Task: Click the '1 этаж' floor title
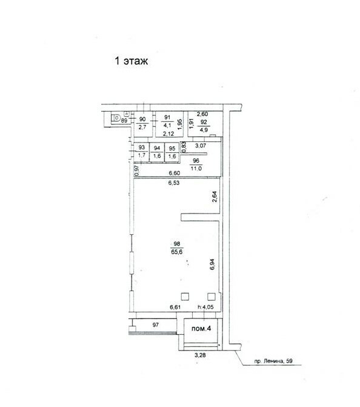pyautogui.click(x=132, y=61)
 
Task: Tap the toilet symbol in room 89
pyautogui.click(x=116, y=119)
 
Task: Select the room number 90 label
pyautogui.click(x=142, y=119)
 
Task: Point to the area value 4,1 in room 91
pyautogui.click(x=167, y=125)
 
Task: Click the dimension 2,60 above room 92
pyautogui.click(x=202, y=114)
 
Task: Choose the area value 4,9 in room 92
pyautogui.click(x=204, y=130)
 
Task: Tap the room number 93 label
pyautogui.click(x=142, y=147)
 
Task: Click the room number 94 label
pyautogui.click(x=157, y=148)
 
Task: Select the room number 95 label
pyautogui.click(x=172, y=148)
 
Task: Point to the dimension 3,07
pyautogui.click(x=201, y=146)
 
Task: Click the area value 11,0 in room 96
pyautogui.click(x=196, y=168)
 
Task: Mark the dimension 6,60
pyautogui.click(x=175, y=173)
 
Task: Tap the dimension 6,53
pyautogui.click(x=174, y=183)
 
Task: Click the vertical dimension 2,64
pyautogui.click(x=215, y=197)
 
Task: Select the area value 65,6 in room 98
pyautogui.click(x=177, y=252)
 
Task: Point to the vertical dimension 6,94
pyautogui.click(x=212, y=264)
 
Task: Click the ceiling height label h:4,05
pyautogui.click(x=205, y=307)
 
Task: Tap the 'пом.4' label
pyautogui.click(x=201, y=329)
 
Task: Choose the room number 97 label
pyautogui.click(x=156, y=325)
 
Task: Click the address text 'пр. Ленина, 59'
pyautogui.click(x=273, y=361)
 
